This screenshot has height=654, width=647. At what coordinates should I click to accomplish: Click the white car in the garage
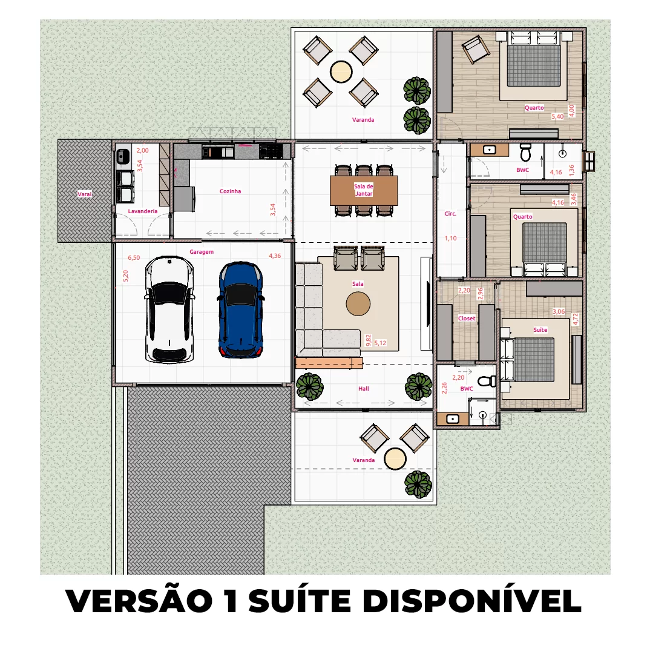tap(169, 309)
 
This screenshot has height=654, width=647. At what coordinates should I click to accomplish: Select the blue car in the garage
tap(241, 309)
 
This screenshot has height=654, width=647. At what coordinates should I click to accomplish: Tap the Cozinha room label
tap(230, 191)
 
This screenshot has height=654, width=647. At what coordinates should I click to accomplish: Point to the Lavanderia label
tap(143, 211)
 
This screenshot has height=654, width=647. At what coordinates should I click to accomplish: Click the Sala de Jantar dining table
tap(364, 190)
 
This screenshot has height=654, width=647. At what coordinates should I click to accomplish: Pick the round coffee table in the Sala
tap(358, 304)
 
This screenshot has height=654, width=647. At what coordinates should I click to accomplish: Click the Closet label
tap(467, 319)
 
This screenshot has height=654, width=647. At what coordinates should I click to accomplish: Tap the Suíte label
tap(540, 330)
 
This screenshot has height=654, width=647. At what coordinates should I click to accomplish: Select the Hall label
tap(363, 389)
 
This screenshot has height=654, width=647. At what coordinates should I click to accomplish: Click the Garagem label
tap(201, 252)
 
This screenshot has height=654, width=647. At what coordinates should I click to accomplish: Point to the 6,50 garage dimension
tap(133, 258)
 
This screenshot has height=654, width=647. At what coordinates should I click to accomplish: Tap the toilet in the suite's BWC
tap(485, 381)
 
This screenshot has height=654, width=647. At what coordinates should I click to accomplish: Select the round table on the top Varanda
tap(341, 71)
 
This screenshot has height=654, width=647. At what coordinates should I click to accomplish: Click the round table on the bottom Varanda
tap(395, 458)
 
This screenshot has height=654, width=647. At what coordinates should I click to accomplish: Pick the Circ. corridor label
tap(450, 214)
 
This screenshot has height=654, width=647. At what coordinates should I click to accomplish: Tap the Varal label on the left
tap(83, 195)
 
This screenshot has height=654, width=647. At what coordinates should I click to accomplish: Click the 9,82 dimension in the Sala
tap(369, 340)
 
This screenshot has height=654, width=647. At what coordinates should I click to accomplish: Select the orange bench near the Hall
tap(329, 363)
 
